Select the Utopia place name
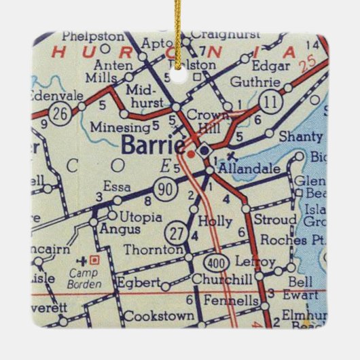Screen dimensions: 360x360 [141, 217]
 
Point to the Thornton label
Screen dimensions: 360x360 [154, 250]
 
